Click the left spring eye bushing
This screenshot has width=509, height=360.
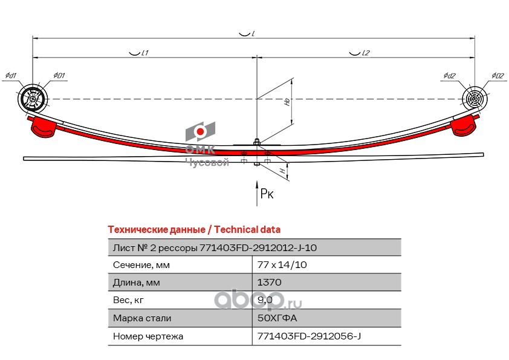tap(33, 99)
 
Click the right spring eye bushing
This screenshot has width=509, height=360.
tap(475, 99)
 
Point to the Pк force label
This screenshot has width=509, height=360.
tap(267, 194)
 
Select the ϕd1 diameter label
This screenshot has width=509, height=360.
tap(11, 76)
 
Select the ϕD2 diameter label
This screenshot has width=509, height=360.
tap(497, 76)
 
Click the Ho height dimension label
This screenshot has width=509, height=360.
tap(287, 102)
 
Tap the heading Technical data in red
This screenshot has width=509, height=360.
tap(193, 230)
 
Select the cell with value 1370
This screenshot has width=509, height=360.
tap(270, 283)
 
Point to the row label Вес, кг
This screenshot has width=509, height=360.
tap(128, 300)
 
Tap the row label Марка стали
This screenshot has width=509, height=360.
tap(142, 318)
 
